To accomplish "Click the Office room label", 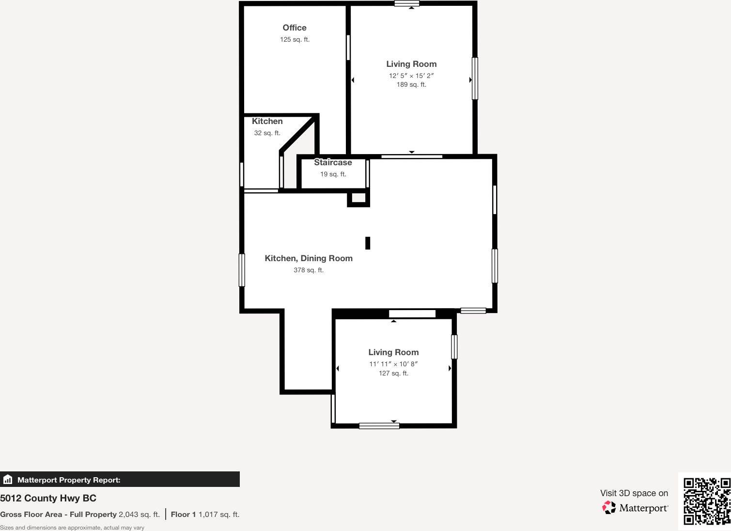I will [x=295, y=28].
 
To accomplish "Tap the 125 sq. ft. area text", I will [x=295, y=40].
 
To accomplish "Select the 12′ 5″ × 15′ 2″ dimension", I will [x=411, y=76].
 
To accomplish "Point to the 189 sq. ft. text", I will [x=411, y=85].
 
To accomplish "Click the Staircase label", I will [x=333, y=163].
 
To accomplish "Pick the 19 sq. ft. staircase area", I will [x=333, y=174].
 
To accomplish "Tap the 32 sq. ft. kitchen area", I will [x=267, y=133].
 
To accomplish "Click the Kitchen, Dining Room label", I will [x=309, y=259].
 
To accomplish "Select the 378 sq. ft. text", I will [x=309, y=270].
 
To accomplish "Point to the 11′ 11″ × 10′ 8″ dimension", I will [x=393, y=364].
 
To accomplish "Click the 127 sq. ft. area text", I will [x=393, y=374].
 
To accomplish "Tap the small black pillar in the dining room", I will [x=368, y=243].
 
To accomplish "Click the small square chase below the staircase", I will [x=358, y=198].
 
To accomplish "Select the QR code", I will [x=706, y=501].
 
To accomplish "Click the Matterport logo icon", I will [x=609, y=507].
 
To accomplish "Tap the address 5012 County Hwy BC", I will [x=48, y=498].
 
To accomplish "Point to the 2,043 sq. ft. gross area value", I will [x=139, y=515].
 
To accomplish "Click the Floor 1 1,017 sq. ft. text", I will [x=205, y=515].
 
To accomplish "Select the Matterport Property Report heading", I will [x=69, y=480].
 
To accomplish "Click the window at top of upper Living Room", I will [x=407, y=4].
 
